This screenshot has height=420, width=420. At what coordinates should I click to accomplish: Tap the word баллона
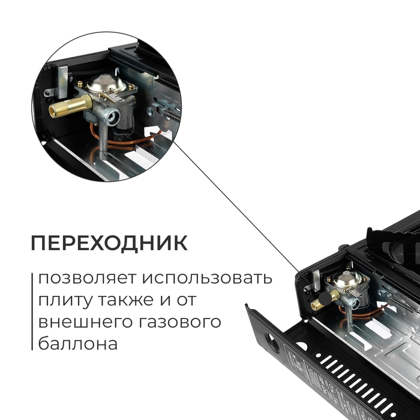pyautogui.click(x=75, y=344)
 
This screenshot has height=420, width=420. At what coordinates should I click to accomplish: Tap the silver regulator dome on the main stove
pyautogui.click(x=350, y=277)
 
